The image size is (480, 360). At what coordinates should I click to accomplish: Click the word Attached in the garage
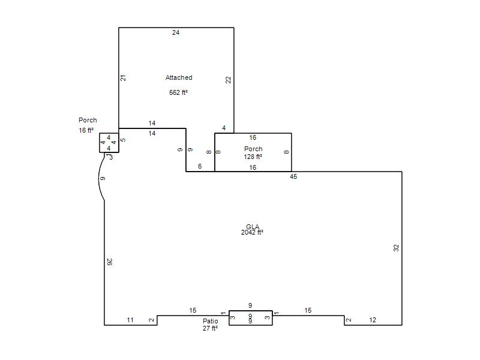pos(179,78)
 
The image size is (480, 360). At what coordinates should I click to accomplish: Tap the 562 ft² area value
pos(178,92)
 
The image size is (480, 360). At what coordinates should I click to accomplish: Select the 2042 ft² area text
pos(252,233)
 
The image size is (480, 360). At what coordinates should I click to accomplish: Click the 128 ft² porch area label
pos(253,157)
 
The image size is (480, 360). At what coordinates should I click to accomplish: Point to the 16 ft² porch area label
pos(86,130)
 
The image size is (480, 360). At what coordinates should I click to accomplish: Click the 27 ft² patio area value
pos(210,328)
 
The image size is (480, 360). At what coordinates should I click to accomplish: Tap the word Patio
pos(211,321)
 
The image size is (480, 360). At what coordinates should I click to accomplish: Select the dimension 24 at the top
pos(176,32)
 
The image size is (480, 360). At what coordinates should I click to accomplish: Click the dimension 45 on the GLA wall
pos(293,176)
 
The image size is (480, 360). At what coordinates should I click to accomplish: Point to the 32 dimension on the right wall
pos(396,248)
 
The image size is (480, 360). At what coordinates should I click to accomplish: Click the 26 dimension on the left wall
pos(110,262)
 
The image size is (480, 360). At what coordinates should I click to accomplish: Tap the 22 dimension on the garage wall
pos(229,80)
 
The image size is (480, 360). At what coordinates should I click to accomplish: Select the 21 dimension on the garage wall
pos(123,78)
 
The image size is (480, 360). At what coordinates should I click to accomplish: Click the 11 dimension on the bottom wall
pos(130,320)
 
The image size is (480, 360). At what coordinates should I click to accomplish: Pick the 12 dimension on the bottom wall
pos(373,320)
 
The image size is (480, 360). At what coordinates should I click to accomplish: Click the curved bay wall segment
pos(98,178)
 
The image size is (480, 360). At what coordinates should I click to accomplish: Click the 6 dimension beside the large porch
pos(200,166)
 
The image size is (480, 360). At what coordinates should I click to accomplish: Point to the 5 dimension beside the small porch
pos(123,140)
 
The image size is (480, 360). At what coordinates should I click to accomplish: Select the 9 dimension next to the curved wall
pos(103,178)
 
